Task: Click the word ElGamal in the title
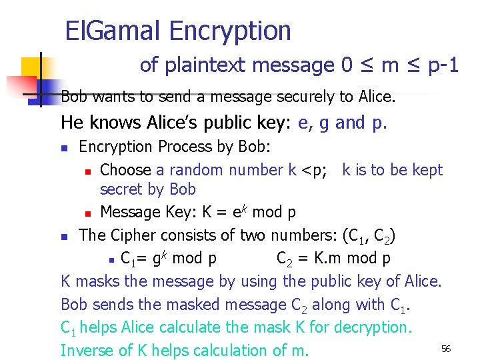113,31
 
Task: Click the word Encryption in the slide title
230,31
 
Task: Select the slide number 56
446,349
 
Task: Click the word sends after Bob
113,305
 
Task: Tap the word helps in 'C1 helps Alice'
97,328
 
